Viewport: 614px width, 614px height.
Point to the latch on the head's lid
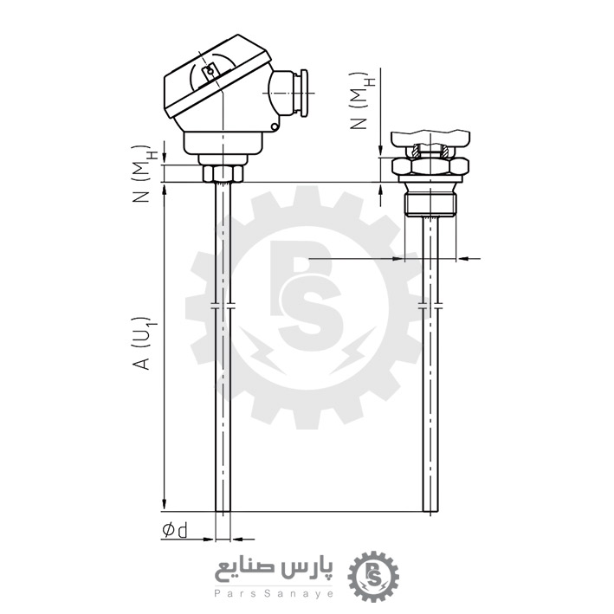tap(208, 73)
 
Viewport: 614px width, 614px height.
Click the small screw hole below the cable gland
tap(274, 127)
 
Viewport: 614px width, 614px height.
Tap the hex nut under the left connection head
tap(223, 174)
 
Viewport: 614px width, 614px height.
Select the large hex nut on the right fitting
tap(430, 167)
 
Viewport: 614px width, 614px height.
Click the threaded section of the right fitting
tap(430, 204)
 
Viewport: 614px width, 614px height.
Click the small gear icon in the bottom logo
tap(374, 575)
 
